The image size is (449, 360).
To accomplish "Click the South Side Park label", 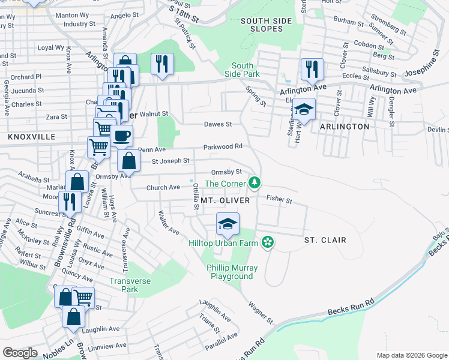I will [x=246, y=70].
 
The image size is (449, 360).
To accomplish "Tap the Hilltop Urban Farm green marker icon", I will [x=268, y=242].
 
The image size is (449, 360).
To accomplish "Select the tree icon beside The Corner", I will [x=255, y=182].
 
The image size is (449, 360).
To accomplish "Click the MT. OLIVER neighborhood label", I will [x=224, y=200].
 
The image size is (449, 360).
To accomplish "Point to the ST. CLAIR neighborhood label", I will [x=325, y=240].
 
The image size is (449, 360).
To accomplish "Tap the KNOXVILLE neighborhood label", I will [x=31, y=137].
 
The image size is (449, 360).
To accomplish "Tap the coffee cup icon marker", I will [x=122, y=136].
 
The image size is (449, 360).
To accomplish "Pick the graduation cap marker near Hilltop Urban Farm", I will [x=228, y=224].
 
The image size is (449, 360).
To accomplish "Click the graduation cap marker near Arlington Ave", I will [x=304, y=110].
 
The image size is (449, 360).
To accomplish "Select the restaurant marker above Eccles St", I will [x=312, y=69].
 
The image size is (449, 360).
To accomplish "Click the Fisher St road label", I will [x=279, y=198].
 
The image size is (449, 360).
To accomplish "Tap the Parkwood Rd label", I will [x=223, y=146].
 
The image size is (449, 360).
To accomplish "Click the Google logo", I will [x=20, y=353].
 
